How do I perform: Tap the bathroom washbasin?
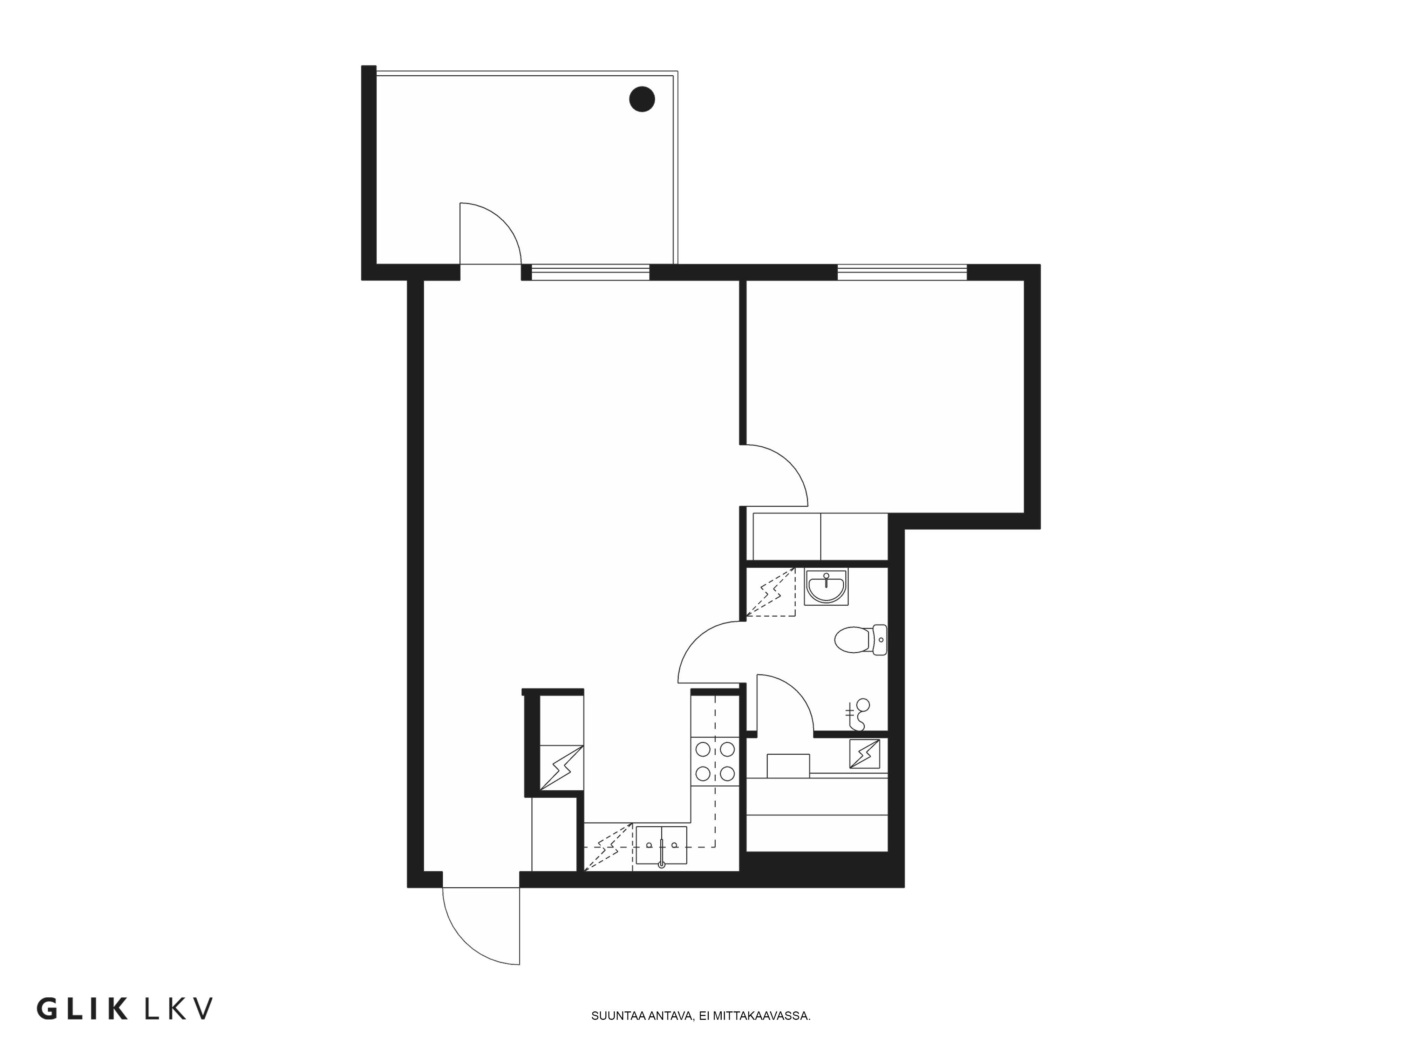tap(826, 587)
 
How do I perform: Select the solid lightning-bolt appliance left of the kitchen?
tap(561, 768)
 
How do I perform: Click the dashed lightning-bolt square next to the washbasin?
tap(770, 592)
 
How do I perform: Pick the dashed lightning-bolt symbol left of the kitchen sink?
tap(608, 847)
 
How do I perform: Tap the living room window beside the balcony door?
tap(590, 273)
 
